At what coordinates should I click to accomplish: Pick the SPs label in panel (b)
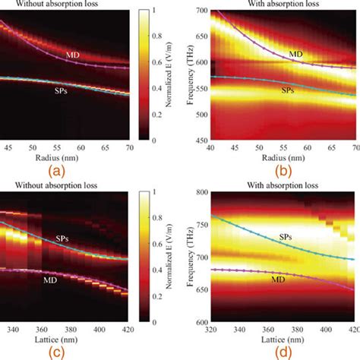[x=288, y=90]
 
